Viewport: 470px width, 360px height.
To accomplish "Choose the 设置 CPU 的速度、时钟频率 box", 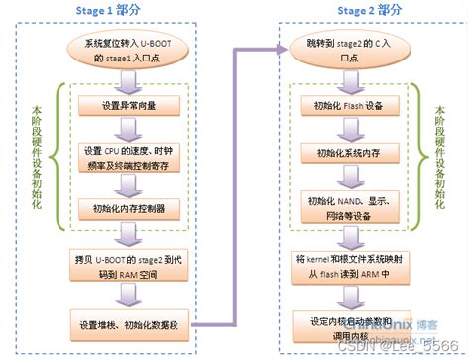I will [x=129, y=157].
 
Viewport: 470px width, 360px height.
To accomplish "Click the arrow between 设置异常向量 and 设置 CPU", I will [x=129, y=131].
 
